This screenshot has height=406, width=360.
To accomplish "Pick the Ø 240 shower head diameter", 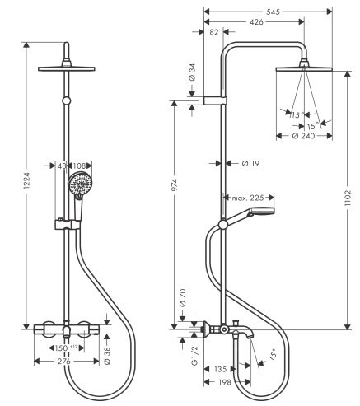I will (x=304, y=136).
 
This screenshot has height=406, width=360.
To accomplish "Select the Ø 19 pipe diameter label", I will (x=251, y=165).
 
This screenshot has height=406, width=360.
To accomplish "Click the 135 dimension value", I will (x=221, y=371).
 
